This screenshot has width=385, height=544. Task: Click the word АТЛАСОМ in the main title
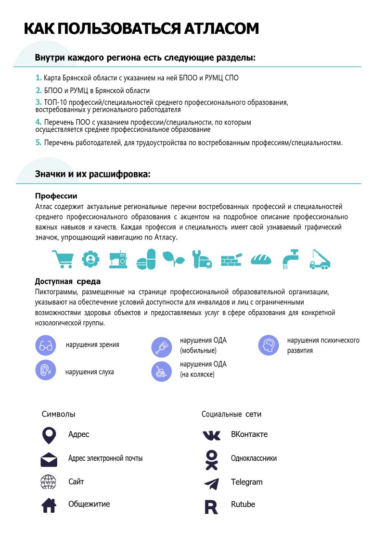[221, 29]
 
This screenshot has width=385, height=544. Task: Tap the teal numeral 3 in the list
[38, 102]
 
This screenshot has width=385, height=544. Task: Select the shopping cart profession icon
[62, 259]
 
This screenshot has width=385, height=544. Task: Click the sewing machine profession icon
[118, 259]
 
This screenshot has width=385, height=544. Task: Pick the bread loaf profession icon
[261, 259]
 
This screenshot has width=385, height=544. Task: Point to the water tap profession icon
[290, 259]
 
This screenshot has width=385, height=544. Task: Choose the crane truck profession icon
[320, 259]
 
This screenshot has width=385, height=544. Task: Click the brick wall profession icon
[231, 260]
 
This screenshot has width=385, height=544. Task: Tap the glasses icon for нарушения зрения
[46, 345]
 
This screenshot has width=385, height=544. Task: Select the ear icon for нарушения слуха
[46, 370]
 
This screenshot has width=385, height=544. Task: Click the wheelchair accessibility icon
[162, 371]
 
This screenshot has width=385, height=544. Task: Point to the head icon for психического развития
[269, 345]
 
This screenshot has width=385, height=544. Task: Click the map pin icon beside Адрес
[49, 435]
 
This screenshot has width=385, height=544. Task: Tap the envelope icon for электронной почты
[49, 460]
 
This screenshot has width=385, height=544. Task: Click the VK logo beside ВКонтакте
[211, 435]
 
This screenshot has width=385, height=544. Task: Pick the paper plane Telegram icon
[211, 483]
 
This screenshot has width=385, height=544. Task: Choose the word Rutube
[243, 505]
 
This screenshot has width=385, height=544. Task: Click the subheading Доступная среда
[68, 282]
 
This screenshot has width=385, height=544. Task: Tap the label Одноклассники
[254, 458]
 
